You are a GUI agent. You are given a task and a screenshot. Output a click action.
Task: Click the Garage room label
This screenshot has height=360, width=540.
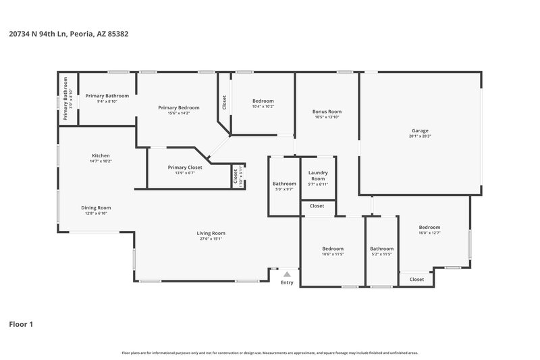pos(420,130)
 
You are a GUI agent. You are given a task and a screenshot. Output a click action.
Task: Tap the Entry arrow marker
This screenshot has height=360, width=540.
pos(287,274)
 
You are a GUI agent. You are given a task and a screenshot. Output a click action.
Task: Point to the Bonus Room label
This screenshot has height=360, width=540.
pos(327,111)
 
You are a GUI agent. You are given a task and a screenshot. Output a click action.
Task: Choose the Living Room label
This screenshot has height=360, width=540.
pos(211,233)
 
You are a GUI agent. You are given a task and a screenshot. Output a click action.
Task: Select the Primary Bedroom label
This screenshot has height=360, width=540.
pos(179,107)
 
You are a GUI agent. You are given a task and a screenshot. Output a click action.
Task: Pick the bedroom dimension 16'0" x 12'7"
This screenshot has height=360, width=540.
pos(429,233)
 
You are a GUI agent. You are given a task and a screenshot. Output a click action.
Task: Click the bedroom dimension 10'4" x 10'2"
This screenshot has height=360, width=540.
pos(263,106)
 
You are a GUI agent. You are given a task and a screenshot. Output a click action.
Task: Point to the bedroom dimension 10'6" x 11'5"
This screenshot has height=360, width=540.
pos(333,254)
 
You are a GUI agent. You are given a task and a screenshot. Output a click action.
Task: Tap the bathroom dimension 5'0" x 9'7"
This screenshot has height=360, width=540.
pos(284,189)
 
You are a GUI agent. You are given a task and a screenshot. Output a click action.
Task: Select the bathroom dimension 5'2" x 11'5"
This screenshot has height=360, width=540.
pos(381,254)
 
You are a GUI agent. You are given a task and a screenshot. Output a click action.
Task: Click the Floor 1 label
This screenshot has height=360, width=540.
pos(20,324)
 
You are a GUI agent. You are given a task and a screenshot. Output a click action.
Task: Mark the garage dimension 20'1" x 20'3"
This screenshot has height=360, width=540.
pos(420,136)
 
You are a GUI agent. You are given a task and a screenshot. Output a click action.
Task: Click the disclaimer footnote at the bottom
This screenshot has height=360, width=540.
pos(269,353)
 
